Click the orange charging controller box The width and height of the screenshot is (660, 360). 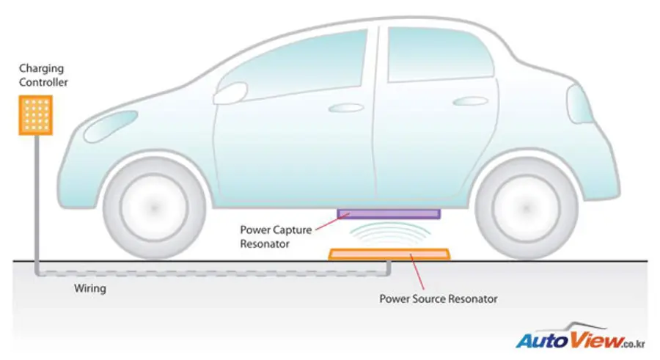36,115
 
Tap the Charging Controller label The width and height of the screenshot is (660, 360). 43,75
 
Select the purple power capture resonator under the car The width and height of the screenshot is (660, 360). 389,214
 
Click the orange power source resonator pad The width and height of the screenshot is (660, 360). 389,254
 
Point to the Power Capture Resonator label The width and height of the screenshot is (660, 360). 276,237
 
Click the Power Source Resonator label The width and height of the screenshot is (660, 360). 439,299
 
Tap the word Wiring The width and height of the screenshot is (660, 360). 90,288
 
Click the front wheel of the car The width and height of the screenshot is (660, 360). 154,207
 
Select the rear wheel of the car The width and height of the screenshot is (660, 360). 526,207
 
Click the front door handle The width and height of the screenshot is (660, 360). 345,109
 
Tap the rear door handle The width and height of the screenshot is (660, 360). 470,101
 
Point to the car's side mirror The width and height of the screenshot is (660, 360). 230,93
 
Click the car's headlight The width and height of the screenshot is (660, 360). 111,125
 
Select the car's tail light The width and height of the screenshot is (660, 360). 579,104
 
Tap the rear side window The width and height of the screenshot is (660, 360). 440,54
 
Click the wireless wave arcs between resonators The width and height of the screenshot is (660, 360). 390,233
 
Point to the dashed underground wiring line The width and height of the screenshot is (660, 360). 213,274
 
